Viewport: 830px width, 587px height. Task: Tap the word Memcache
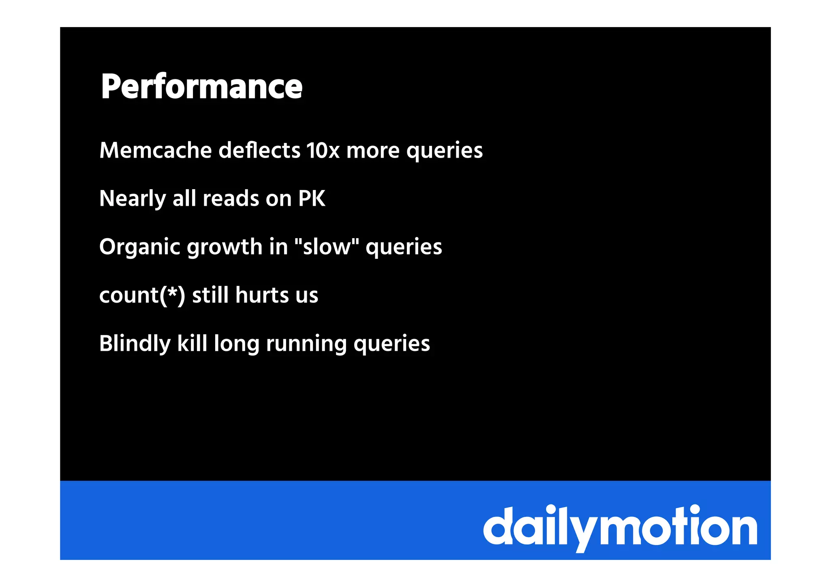tap(156, 150)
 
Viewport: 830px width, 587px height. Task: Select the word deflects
tap(259, 150)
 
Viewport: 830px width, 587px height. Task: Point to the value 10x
tap(323, 150)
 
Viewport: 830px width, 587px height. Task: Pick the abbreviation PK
tap(312, 199)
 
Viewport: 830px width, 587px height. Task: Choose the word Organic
tap(140, 247)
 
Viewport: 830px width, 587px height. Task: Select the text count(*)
tap(142, 295)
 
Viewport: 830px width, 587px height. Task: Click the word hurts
tap(262, 295)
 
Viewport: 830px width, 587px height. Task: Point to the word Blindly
tap(135, 344)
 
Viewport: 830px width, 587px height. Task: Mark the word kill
tap(192, 343)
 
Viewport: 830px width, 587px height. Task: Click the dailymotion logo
tap(620, 527)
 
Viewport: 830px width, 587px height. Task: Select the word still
tap(210, 295)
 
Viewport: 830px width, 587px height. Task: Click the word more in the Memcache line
tap(373, 150)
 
